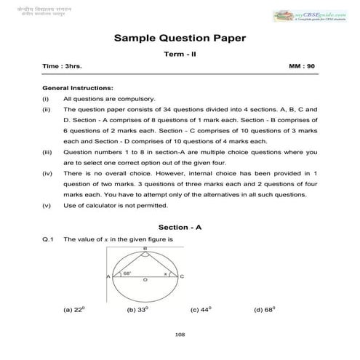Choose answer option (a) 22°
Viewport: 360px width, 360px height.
(74, 309)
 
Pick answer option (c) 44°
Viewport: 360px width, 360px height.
(201, 309)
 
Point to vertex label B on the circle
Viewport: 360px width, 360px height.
(145, 248)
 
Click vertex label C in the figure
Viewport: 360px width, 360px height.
(182, 276)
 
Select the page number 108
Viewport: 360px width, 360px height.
(180, 335)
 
